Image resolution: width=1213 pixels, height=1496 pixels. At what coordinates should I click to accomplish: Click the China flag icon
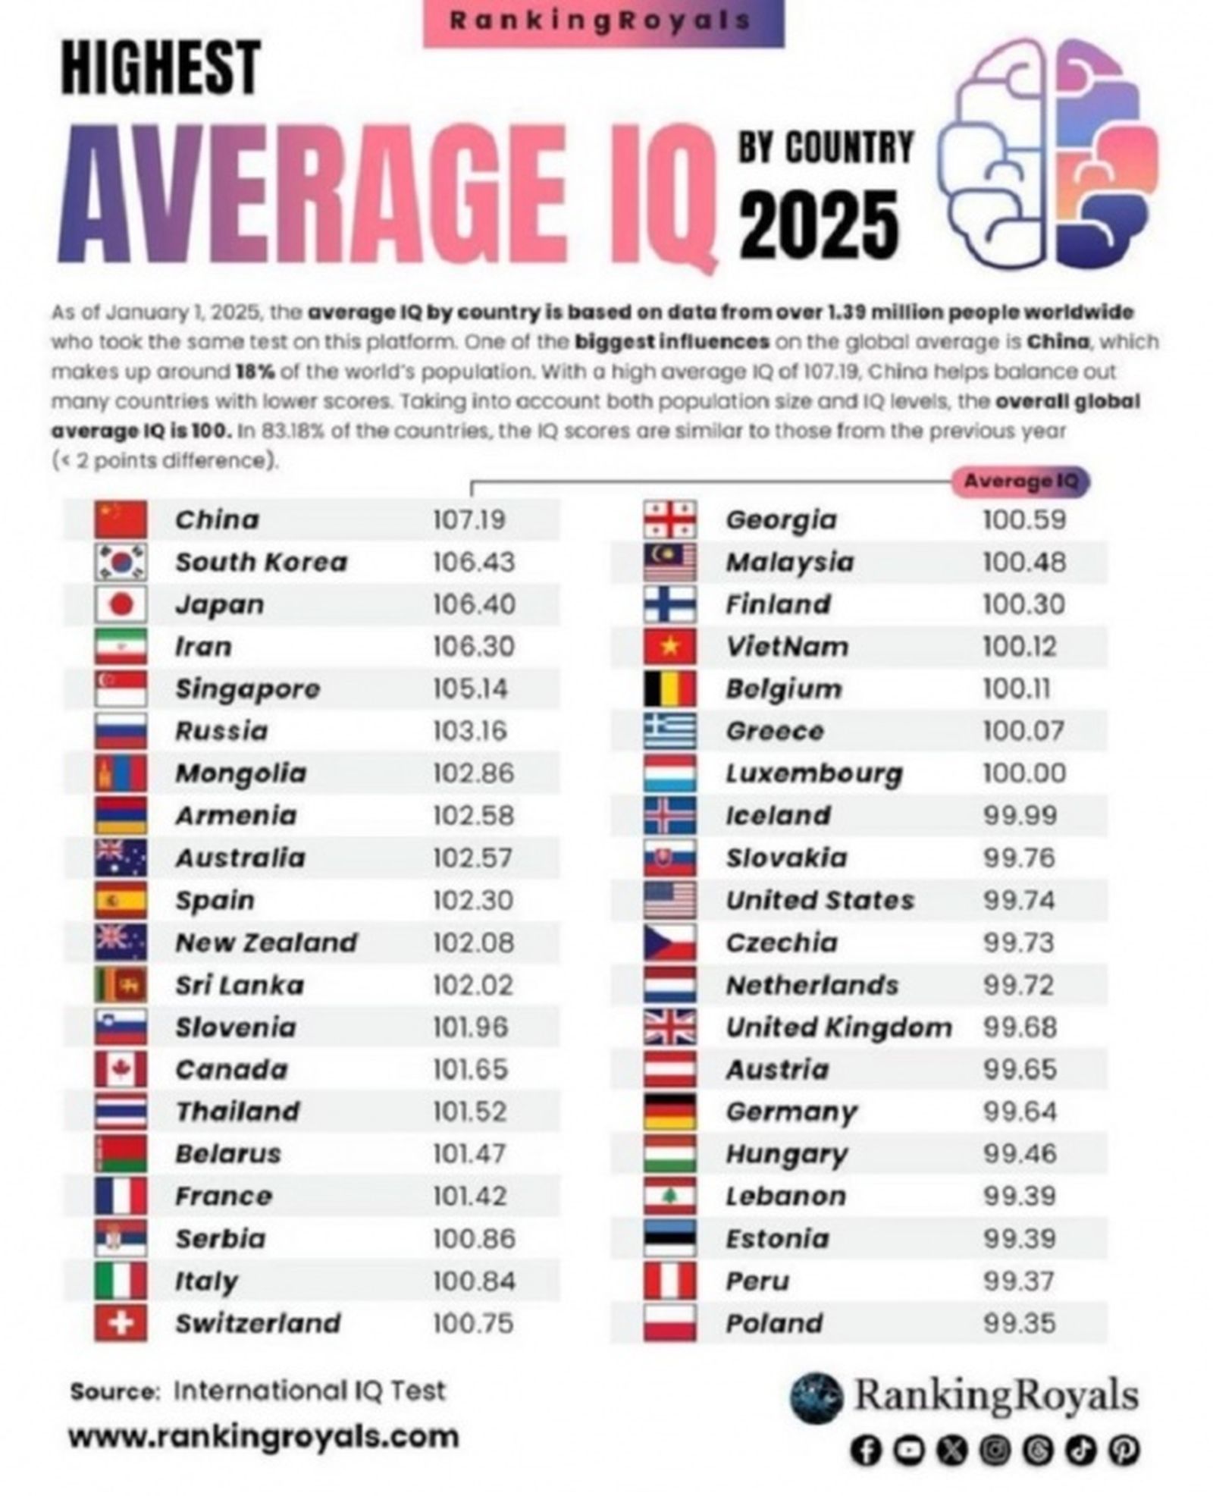(121, 519)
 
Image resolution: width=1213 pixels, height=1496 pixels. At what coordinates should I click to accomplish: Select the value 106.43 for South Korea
(473, 562)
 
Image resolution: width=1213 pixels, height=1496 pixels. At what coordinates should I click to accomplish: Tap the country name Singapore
(247, 689)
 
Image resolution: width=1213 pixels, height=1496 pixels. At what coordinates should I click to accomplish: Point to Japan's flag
(121, 604)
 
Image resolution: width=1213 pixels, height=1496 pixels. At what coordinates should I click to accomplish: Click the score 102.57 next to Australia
(473, 858)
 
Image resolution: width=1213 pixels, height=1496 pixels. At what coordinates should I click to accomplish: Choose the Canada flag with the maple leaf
(121, 1070)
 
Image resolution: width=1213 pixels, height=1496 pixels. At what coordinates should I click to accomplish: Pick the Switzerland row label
(258, 1324)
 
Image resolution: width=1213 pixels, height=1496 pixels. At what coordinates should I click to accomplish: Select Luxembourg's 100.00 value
(1023, 773)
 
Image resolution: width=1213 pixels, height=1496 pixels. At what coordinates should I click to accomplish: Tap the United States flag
(669, 901)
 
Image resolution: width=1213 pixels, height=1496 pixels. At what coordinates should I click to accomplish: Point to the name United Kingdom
(838, 1027)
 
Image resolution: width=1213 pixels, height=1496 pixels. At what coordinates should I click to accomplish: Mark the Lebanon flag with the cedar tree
(669, 1196)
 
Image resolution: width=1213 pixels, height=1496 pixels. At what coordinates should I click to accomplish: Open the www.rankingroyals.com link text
(263, 1436)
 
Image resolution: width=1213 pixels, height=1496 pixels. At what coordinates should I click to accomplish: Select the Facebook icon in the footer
(866, 1450)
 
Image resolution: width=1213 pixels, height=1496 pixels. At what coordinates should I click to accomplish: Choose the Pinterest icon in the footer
(1124, 1450)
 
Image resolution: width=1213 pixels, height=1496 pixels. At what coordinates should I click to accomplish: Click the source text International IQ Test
(309, 1391)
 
